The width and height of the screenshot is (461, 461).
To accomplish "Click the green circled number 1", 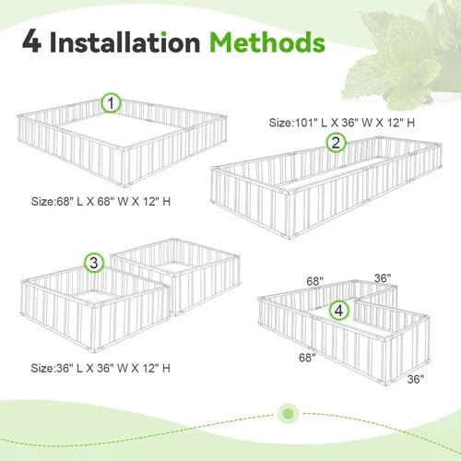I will [112, 104].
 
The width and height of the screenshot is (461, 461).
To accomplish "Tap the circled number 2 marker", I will [337, 142].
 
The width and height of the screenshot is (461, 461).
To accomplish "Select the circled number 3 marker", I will [93, 264].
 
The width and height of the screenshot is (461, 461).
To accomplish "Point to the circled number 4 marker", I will [340, 311].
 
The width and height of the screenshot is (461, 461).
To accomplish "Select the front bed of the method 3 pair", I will [92, 309].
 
